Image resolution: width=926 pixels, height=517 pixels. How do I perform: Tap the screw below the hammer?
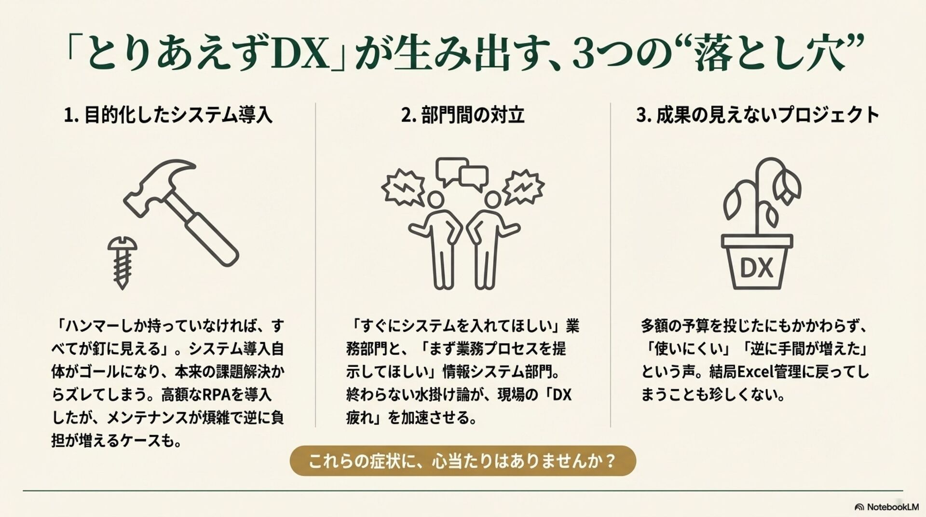click(122, 262)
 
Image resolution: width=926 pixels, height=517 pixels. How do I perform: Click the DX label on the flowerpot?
click(756, 268)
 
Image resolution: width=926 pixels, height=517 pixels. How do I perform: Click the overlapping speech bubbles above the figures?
click(462, 173)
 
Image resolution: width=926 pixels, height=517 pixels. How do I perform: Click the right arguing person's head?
click(493, 200)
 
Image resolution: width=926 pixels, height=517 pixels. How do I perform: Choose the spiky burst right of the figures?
click(523, 187)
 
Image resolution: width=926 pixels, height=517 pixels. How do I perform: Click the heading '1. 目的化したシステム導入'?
click(168, 115)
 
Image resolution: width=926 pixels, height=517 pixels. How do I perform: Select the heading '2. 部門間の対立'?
click(463, 115)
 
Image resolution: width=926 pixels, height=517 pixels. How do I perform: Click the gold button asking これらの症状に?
click(463, 461)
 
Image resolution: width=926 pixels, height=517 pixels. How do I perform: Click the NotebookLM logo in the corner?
click(886, 507)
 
